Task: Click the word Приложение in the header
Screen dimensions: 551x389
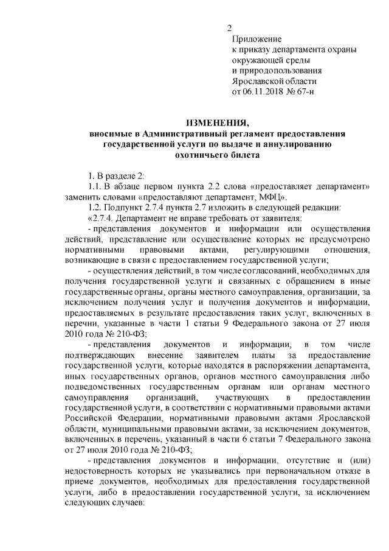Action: [257, 38]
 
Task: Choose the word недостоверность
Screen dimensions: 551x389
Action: [99, 472]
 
